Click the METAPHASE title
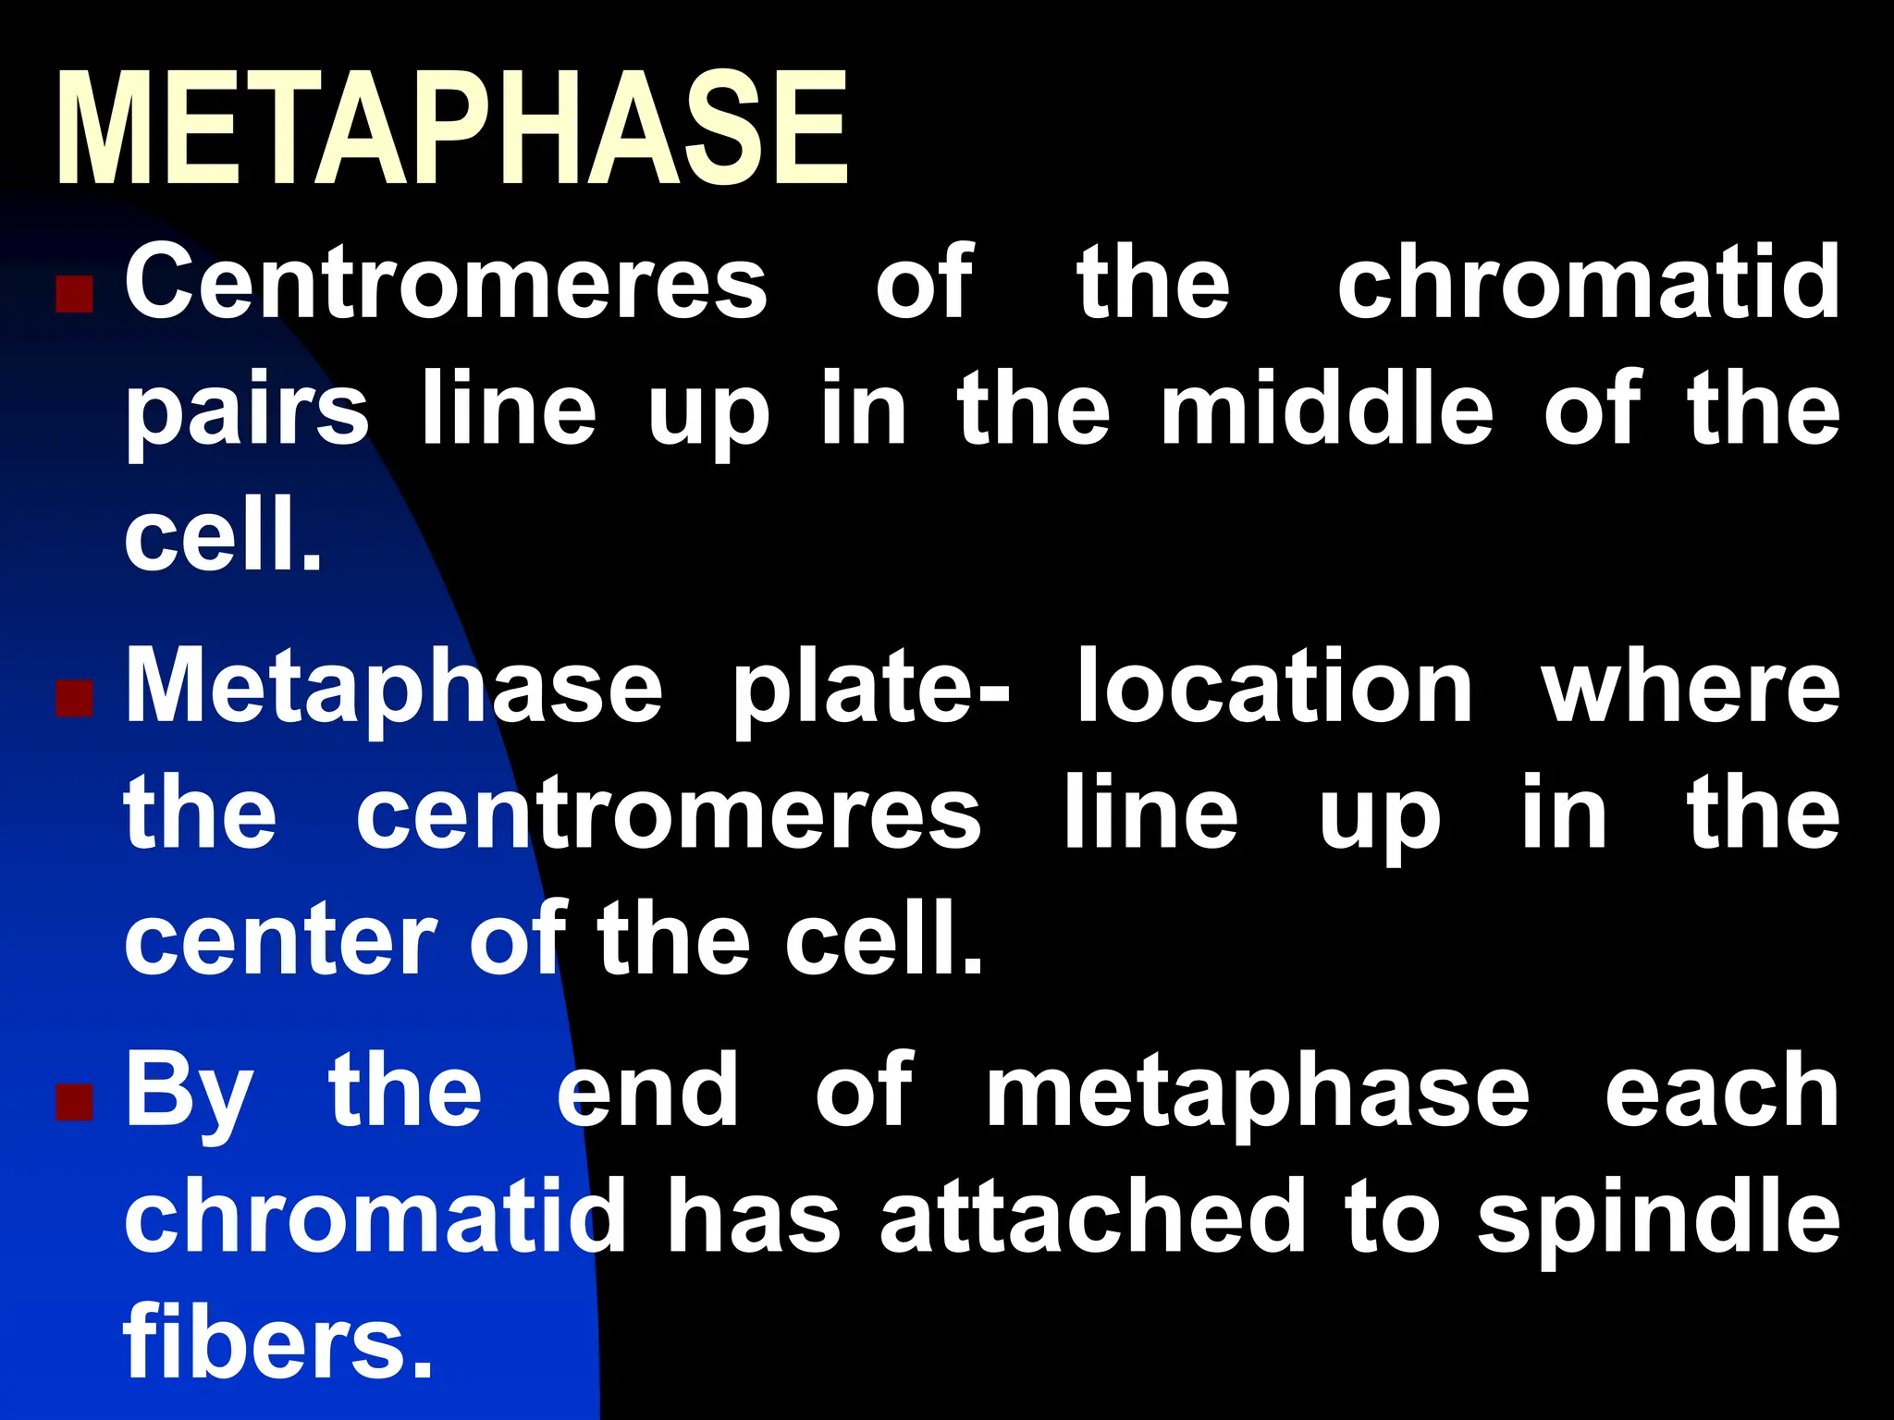[451, 129]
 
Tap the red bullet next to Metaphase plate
[74, 700]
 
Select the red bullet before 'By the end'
[74, 1102]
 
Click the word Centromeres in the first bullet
[446, 282]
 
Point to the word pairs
[247, 411]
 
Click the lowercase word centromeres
[668, 815]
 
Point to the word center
[280, 942]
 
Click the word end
[647, 1091]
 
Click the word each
[1721, 1091]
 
